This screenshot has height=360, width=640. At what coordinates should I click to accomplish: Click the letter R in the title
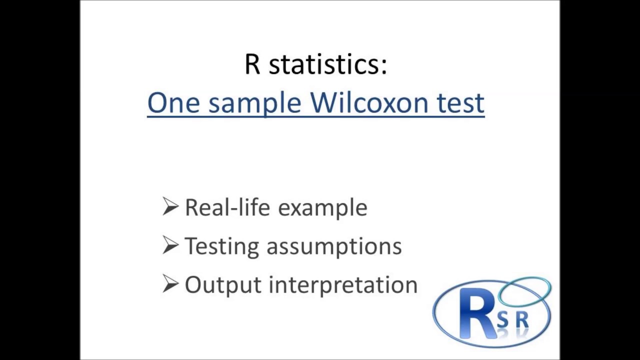253,64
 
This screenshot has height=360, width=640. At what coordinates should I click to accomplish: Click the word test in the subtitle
460,103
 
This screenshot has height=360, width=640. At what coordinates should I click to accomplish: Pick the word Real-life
227,207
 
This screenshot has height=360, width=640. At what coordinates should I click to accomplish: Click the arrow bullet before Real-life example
170,206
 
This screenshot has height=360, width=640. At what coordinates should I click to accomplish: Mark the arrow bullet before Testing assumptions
170,245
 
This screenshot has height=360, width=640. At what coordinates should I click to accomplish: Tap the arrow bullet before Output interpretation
170,283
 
